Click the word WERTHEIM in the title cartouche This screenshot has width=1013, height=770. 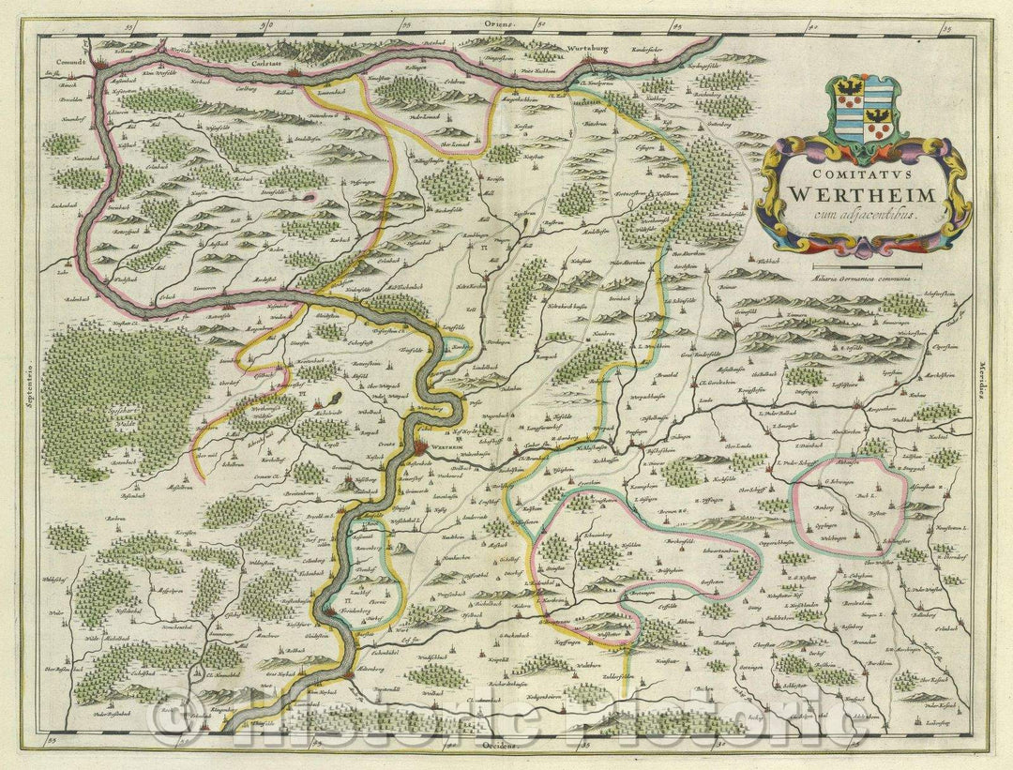click(x=858, y=194)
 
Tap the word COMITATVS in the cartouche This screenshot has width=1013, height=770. click(x=857, y=174)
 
